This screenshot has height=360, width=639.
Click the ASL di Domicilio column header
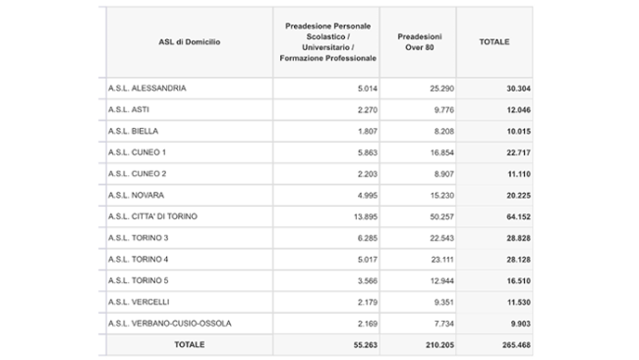click(x=189, y=41)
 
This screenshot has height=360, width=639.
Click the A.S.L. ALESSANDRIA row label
click(x=147, y=88)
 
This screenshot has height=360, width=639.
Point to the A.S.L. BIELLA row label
click(x=133, y=131)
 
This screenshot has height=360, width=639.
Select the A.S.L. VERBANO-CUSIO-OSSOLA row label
click(x=170, y=323)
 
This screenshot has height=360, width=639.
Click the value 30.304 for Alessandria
click(x=504, y=88)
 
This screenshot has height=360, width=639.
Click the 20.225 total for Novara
click(x=504, y=195)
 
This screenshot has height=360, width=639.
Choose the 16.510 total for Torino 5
click(x=504, y=280)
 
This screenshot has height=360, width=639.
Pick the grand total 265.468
click(x=501, y=345)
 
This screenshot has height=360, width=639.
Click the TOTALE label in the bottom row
click(x=189, y=345)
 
